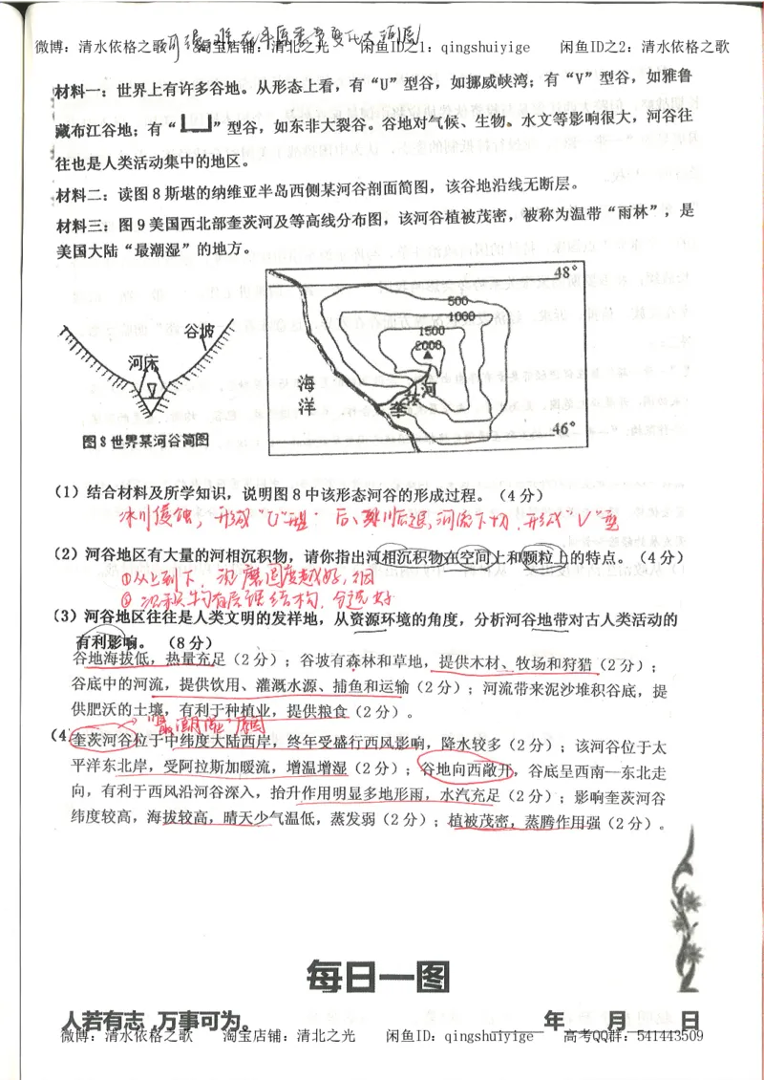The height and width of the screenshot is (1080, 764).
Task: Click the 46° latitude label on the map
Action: coord(566,429)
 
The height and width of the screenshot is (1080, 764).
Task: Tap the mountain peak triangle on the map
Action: coord(427,355)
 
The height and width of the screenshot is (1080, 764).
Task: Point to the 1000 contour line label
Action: coord(461,316)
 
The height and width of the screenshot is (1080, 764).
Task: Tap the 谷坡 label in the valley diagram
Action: coord(201,331)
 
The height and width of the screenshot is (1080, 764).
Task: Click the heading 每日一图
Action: coord(377,976)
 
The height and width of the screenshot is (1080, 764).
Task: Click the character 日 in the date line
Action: coord(690,1019)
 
